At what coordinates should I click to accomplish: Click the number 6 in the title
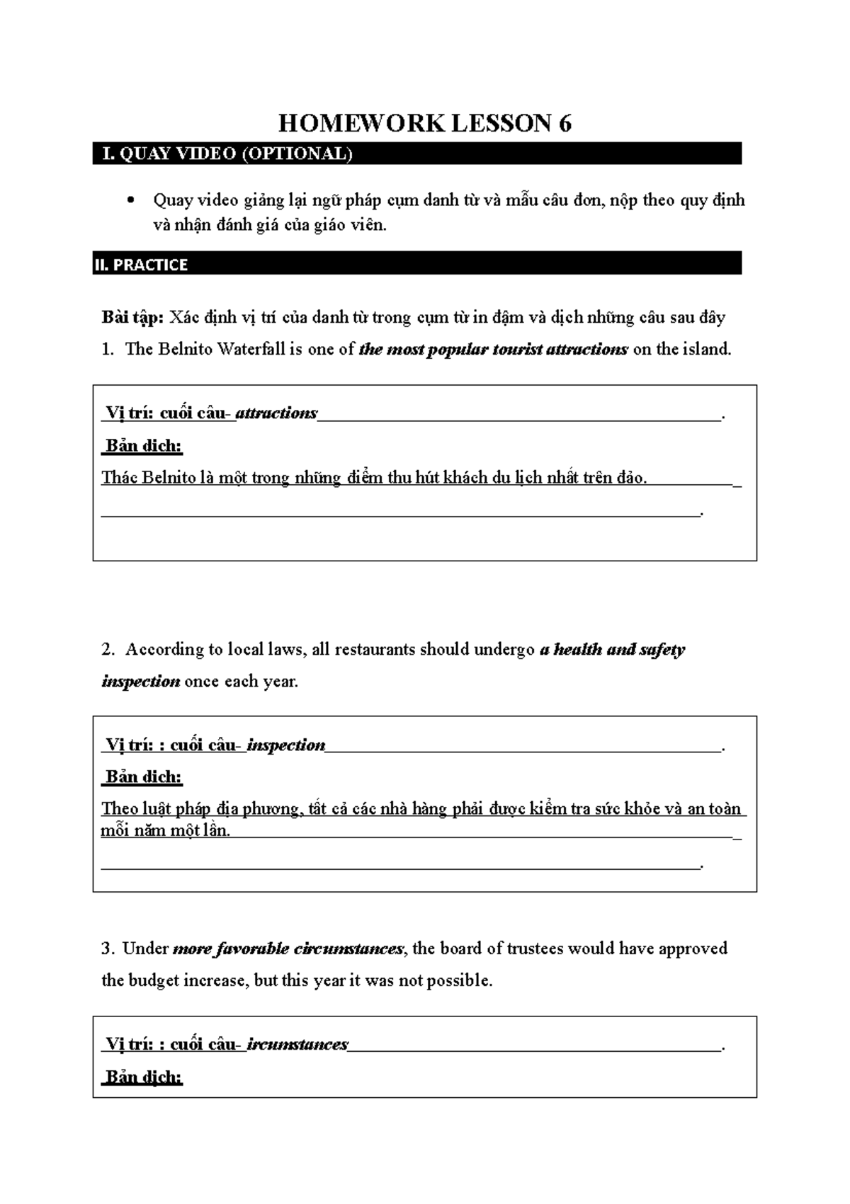[565, 124]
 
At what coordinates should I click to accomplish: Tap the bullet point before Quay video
[129, 201]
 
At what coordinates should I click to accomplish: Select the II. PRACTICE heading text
[141, 265]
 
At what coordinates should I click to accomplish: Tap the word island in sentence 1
[705, 349]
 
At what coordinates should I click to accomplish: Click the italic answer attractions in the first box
[276, 413]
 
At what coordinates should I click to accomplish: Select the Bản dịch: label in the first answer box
[144, 446]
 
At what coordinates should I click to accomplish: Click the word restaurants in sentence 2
[375, 650]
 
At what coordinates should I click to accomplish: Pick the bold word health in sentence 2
[577, 650]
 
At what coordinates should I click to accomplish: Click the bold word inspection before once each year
[140, 682]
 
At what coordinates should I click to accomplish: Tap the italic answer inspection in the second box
[286, 745]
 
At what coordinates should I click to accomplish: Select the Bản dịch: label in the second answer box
[144, 777]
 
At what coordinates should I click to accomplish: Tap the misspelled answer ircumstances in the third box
[297, 1045]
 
